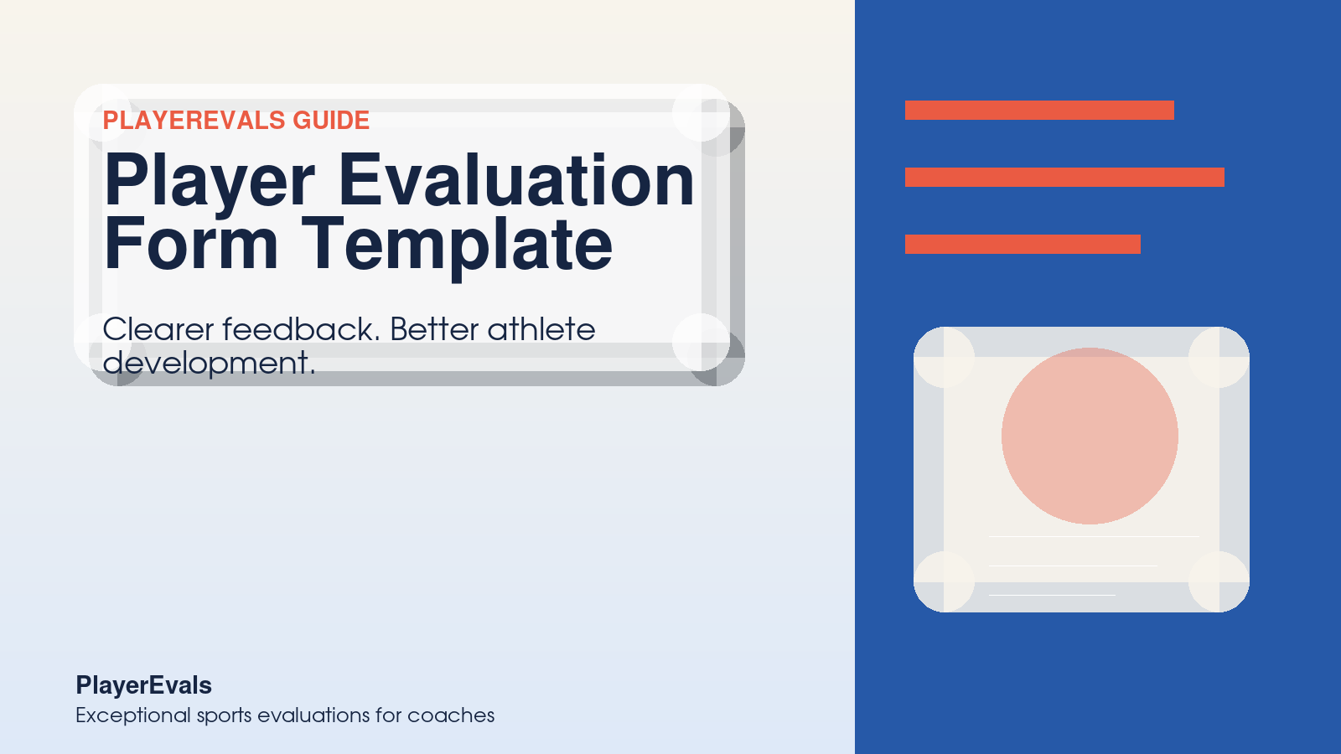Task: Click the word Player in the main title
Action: tap(210, 181)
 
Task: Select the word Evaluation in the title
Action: tap(515, 181)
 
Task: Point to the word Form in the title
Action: tap(191, 245)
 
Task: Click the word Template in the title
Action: tap(457, 245)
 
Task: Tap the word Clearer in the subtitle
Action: tap(158, 329)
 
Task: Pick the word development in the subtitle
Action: tap(208, 364)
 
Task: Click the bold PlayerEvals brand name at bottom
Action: tap(143, 685)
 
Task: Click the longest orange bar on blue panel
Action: tap(1064, 177)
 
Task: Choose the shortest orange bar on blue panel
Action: tap(1023, 244)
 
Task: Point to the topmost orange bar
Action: tap(1039, 110)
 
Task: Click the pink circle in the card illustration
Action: tap(1090, 436)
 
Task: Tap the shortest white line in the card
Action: tap(1052, 595)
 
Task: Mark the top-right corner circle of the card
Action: tap(1219, 357)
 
